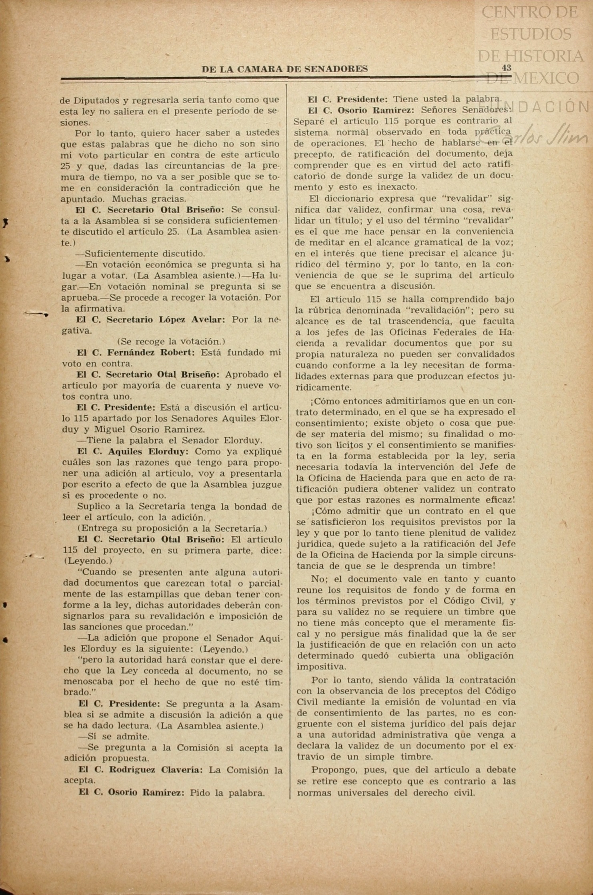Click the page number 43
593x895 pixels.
(x=506, y=68)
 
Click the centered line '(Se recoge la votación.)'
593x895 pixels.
(x=171, y=341)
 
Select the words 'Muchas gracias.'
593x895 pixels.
(x=149, y=198)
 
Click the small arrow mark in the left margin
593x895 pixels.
(x=36, y=314)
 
